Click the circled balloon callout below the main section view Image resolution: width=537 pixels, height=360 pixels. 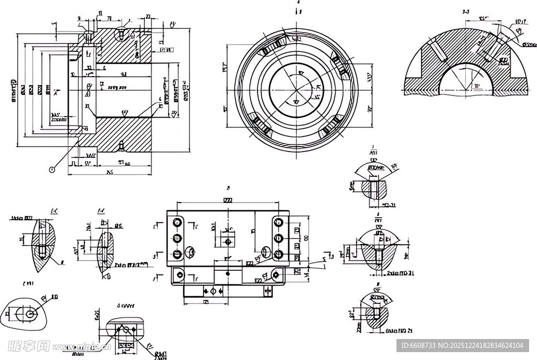(51, 169)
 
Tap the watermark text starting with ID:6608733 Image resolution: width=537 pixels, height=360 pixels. (462, 345)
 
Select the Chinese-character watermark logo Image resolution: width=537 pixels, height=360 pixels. (29, 346)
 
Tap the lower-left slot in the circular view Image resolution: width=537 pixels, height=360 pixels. (261, 125)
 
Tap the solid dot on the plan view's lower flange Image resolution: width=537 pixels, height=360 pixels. (228, 273)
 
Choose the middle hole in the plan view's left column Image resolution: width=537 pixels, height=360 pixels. (177, 238)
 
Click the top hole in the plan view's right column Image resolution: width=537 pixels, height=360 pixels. (278, 223)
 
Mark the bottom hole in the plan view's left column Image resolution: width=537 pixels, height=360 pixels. (177, 254)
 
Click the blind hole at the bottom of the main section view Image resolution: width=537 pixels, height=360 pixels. (121, 145)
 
